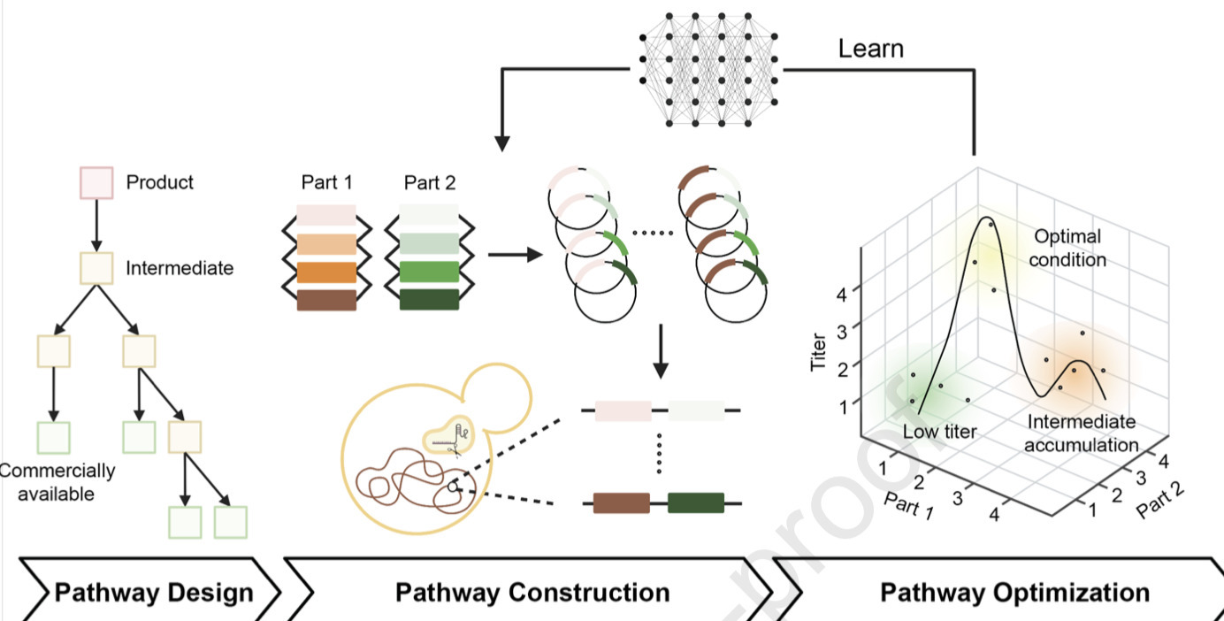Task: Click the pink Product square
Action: point(96,182)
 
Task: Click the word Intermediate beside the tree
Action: point(180,267)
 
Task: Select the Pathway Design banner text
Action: point(153,591)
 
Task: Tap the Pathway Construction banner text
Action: point(532,591)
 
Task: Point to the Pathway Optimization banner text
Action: point(1014,591)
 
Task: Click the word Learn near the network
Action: point(871,49)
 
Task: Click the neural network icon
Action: point(708,68)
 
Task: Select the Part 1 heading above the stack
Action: point(326,183)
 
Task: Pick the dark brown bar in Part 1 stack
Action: point(326,300)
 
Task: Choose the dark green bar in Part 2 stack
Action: point(429,300)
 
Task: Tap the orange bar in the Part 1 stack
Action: point(326,272)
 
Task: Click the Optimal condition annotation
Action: point(1069,249)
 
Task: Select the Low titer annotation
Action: point(939,432)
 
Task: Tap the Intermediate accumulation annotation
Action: point(1081,433)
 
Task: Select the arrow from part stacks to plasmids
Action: point(515,256)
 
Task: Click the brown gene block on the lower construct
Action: point(621,503)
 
